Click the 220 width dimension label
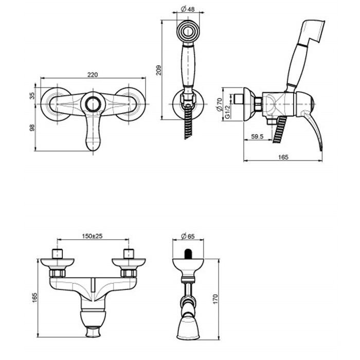coord(93,75)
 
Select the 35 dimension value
coord(32,95)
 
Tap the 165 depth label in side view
coord(282,156)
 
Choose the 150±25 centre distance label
coord(93,236)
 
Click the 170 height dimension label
coord(215,298)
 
